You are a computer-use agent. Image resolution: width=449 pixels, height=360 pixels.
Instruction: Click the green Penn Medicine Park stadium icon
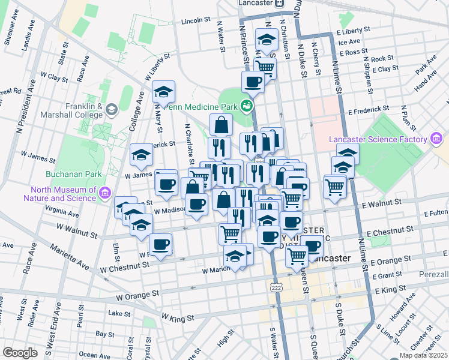point(246,106)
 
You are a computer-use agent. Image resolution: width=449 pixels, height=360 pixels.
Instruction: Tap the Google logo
point(20,353)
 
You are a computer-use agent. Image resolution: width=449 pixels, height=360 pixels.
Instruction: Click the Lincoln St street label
point(196,21)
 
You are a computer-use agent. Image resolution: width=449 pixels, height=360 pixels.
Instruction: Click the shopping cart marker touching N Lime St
point(334,186)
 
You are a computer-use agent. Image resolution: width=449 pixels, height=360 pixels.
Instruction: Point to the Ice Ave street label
point(349,42)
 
